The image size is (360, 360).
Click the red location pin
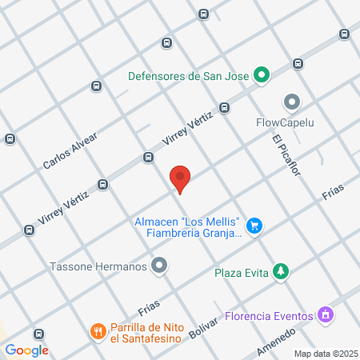pyautogui.click(x=181, y=178)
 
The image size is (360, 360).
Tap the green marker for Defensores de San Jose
pyautogui.click(x=261, y=77)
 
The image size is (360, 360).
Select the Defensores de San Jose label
pyautogui.click(x=189, y=77)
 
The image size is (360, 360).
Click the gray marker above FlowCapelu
pyautogui.click(x=291, y=102)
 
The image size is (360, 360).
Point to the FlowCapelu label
pyautogui.click(x=286, y=123)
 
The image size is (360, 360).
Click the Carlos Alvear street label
pyautogui.click(x=70, y=151)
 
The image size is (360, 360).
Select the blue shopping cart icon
pyautogui.click(x=254, y=226)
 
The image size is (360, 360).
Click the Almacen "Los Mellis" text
pyautogui.click(x=189, y=221)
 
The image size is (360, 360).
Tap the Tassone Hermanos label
pyautogui.click(x=99, y=266)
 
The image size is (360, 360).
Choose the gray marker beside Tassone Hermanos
pyautogui.click(x=161, y=266)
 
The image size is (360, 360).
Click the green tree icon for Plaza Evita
pyautogui.click(x=280, y=272)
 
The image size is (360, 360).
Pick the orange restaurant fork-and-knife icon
pyautogui.click(x=98, y=330)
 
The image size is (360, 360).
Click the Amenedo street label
pyautogui.click(x=276, y=341)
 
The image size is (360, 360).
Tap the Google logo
pyautogui.click(x=27, y=350)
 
